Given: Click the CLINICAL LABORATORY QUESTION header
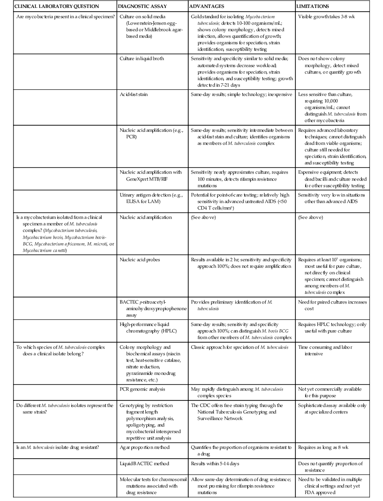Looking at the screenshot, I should (x=57, y=7).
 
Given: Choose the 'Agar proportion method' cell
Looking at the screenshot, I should (x=144, y=447).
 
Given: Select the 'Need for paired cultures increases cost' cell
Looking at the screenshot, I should (x=332, y=305).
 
